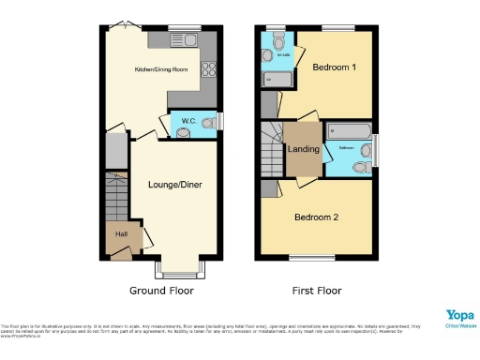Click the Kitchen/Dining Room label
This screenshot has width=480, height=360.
161,70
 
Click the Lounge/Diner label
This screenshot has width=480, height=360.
175,184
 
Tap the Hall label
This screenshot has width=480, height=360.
121,234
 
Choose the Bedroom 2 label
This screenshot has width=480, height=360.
317,217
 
